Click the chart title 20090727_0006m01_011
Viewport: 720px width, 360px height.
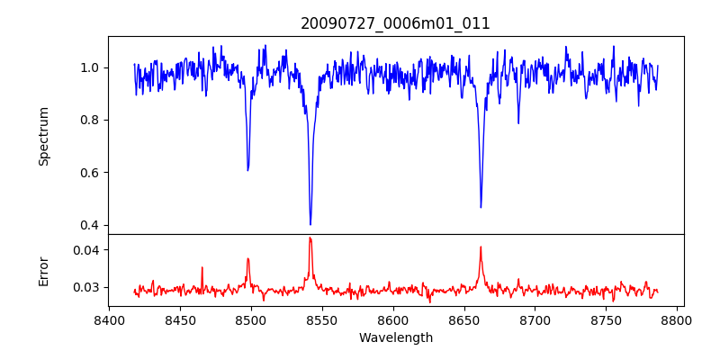[395, 23]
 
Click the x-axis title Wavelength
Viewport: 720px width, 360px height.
[395, 337]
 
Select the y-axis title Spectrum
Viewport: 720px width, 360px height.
[44, 136]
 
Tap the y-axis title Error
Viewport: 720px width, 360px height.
[44, 270]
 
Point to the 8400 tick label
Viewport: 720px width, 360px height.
[109, 319]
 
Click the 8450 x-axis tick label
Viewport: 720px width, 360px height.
[180, 319]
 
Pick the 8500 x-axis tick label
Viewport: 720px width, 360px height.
[251, 319]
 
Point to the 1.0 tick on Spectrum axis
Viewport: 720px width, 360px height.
[90, 67]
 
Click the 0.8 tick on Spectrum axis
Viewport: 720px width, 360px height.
[90, 120]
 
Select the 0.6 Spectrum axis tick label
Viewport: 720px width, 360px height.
[90, 173]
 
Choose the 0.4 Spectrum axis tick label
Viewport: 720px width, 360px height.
[90, 225]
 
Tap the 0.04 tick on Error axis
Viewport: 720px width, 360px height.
[86, 249]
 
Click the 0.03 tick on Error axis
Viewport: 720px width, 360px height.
[86, 287]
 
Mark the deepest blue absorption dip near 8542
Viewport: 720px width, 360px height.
[310, 224]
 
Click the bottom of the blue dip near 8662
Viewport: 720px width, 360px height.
[481, 207]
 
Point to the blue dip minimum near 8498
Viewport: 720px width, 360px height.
[247, 170]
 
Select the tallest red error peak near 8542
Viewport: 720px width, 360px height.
[310, 238]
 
